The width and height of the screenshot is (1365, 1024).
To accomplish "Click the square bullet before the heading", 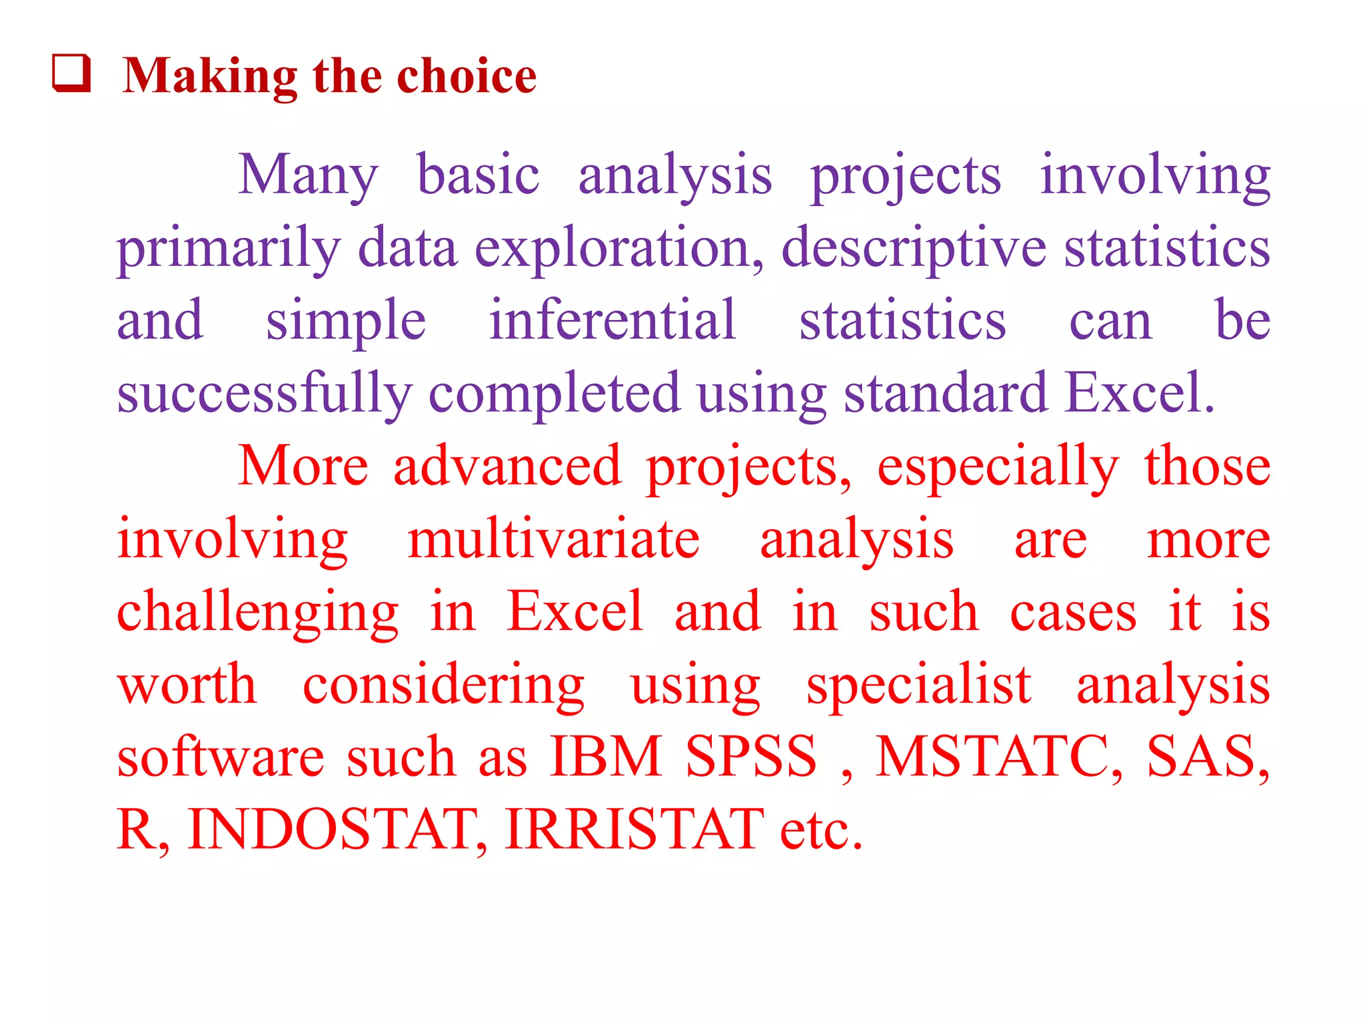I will (x=71, y=73).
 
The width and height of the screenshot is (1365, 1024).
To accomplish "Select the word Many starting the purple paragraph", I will (x=308, y=175).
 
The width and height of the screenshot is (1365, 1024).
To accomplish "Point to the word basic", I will (x=478, y=175).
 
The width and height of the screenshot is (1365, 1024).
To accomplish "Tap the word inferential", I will (x=613, y=321).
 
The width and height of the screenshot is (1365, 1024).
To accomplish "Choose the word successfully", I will (x=264, y=394).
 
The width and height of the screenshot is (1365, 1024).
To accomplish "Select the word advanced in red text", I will (x=507, y=466).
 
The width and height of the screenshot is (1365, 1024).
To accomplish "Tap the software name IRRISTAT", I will (x=635, y=829).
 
